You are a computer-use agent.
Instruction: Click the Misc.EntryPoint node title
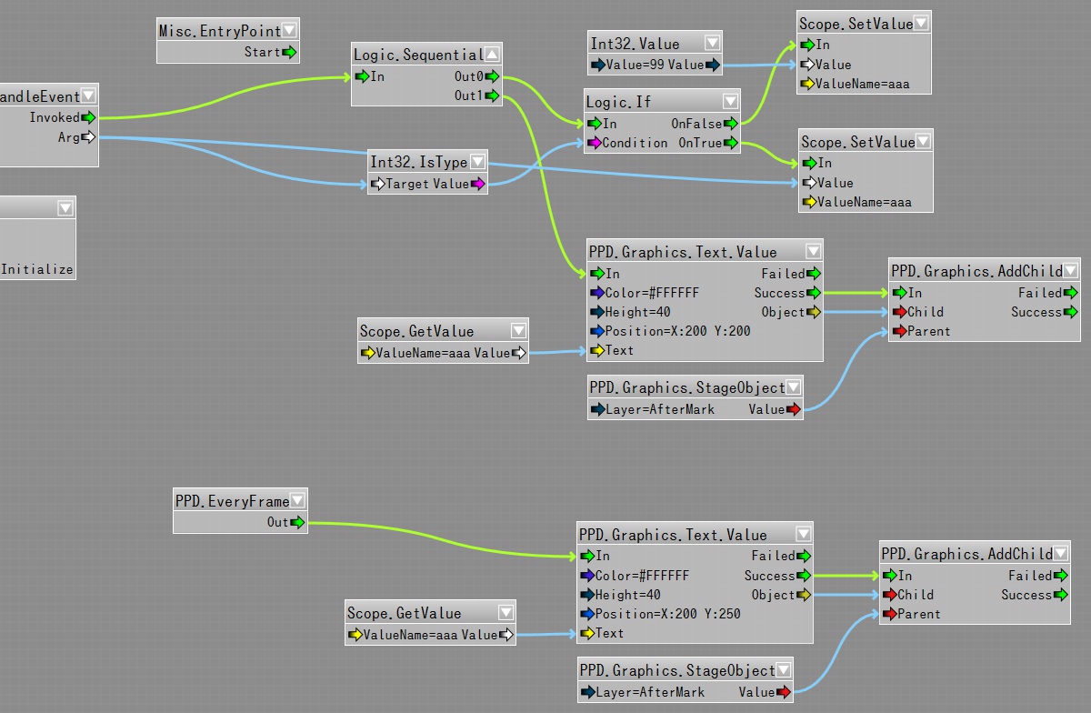(x=219, y=31)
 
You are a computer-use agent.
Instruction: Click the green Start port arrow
(x=289, y=52)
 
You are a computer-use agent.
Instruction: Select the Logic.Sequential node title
(x=417, y=55)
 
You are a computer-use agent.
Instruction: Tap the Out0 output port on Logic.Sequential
(x=492, y=76)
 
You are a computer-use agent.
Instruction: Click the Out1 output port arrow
(x=492, y=95)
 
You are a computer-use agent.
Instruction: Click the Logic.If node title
(x=618, y=102)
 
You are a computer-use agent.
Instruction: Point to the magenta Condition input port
(x=596, y=143)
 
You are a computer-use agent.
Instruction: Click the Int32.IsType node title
(x=418, y=163)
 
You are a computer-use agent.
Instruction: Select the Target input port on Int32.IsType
(x=378, y=184)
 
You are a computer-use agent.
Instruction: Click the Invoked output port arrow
(x=88, y=117)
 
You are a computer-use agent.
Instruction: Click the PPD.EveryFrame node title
(x=232, y=501)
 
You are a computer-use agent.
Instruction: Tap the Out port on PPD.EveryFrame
(x=297, y=522)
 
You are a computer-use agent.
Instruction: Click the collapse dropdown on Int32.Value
(x=712, y=43)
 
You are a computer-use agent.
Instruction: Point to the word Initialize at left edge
(x=37, y=269)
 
